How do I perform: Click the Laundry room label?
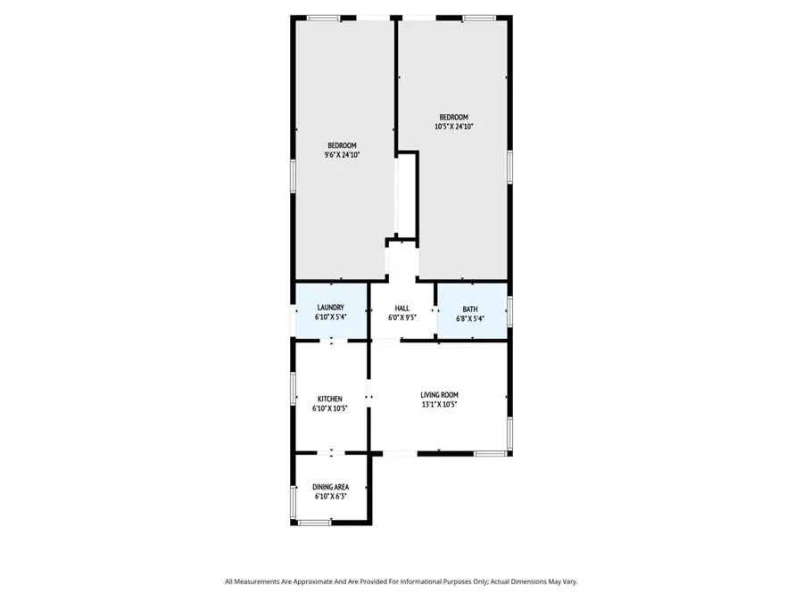pyautogui.click(x=330, y=308)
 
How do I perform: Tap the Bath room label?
pyautogui.click(x=469, y=309)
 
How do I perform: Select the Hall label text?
pyautogui.click(x=402, y=308)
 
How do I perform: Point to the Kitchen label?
pyautogui.click(x=330, y=399)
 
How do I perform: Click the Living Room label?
pyautogui.click(x=440, y=394)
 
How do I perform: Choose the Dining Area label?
pyautogui.click(x=330, y=487)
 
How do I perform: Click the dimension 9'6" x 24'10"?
pyautogui.click(x=342, y=155)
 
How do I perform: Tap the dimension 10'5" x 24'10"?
pyautogui.click(x=453, y=127)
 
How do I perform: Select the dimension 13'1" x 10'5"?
pyautogui.click(x=440, y=404)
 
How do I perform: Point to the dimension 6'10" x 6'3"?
pyautogui.click(x=330, y=497)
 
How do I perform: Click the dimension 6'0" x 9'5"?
pyautogui.click(x=402, y=317)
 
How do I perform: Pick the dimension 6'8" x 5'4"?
pyautogui.click(x=469, y=318)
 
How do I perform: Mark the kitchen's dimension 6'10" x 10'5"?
pyautogui.click(x=330, y=408)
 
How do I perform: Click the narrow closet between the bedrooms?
pyautogui.click(x=407, y=196)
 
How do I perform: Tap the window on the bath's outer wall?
pyautogui.click(x=509, y=309)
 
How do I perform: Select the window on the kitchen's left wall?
pyautogui.click(x=294, y=389)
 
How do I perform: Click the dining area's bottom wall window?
pyautogui.click(x=315, y=522)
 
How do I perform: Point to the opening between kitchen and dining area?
pyautogui.click(x=331, y=453)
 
